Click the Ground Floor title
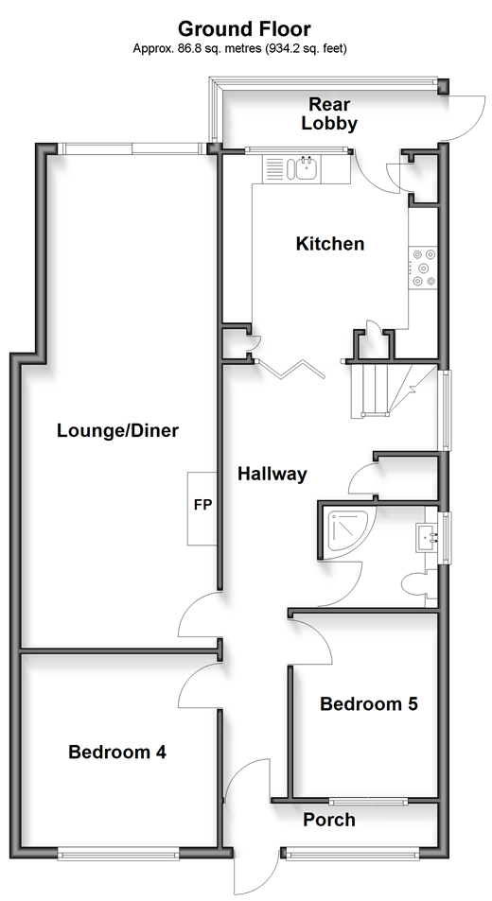244,28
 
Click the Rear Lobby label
329,113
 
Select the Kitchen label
330,244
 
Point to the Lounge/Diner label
118,430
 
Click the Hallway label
272,474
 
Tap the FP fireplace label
202,505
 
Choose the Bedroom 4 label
117,752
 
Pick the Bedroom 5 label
369,703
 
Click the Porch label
329,820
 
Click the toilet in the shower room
416,585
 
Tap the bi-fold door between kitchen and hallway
292,370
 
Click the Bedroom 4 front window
118,856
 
